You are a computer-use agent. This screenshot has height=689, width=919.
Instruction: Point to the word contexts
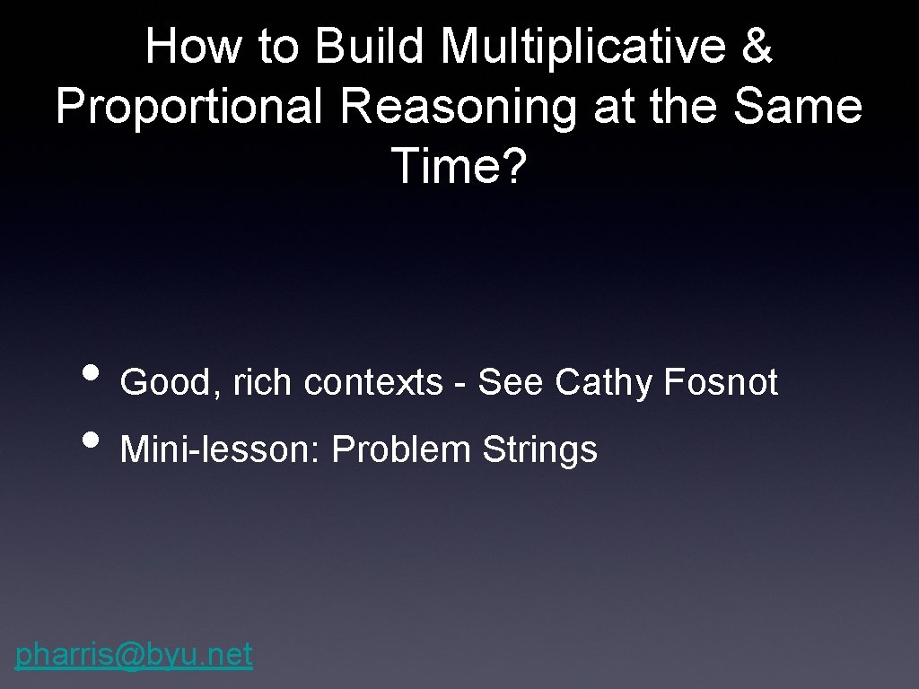(x=373, y=383)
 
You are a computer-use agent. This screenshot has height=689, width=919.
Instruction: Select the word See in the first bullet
(x=510, y=383)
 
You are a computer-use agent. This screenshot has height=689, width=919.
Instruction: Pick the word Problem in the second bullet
(x=401, y=449)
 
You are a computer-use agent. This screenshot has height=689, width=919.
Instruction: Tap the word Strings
(x=539, y=449)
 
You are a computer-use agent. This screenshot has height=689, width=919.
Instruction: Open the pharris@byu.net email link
(x=134, y=655)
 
